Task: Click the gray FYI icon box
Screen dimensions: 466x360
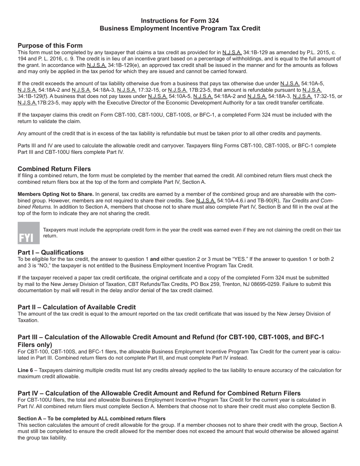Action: pyautogui.click(x=28, y=233)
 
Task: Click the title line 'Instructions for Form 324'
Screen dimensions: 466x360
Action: pyautogui.click(x=180, y=21)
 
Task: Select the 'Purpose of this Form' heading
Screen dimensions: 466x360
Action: pyautogui.click(x=50, y=45)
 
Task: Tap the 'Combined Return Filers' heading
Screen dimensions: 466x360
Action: pyautogui.click(x=54, y=169)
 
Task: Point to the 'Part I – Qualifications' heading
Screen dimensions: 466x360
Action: pyautogui.click(x=50, y=252)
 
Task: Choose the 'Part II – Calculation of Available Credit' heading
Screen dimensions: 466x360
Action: pyautogui.click(x=77, y=307)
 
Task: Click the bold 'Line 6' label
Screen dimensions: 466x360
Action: pyautogui.click(x=25, y=370)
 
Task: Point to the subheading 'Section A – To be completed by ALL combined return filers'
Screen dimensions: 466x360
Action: pyautogui.click(x=91, y=418)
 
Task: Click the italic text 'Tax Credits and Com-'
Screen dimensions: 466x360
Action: pyautogui.click(x=308, y=200)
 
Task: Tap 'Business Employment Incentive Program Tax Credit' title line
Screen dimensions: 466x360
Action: pyautogui.click(x=180, y=29)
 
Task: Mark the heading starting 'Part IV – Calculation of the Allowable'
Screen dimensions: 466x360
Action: pyautogui.click(x=159, y=393)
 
